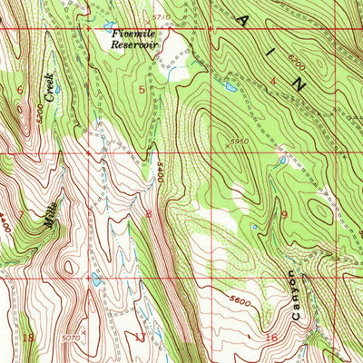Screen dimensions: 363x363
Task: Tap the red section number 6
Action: click(20, 91)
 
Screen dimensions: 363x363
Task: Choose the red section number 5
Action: click(141, 89)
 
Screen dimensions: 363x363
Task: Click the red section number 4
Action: click(273, 83)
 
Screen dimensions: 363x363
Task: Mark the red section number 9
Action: click(284, 215)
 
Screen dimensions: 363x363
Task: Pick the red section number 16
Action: click(270, 338)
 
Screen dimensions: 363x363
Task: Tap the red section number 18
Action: click(27, 338)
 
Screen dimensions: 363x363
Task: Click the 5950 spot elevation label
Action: click(238, 141)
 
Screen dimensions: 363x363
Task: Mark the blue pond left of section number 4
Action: click(226, 89)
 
